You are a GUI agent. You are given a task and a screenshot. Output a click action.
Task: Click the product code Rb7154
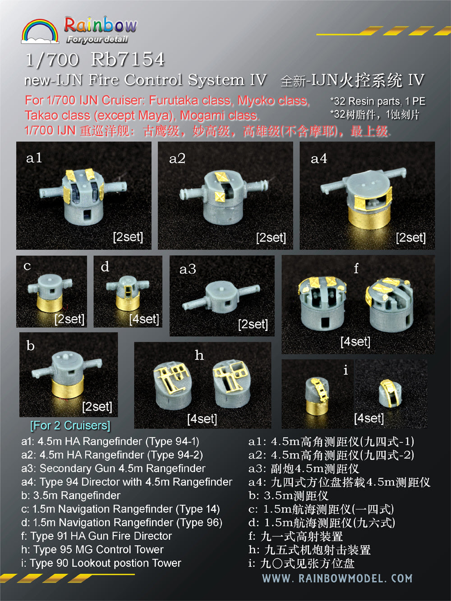point(128,60)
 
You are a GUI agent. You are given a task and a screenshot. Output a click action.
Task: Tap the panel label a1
point(34,158)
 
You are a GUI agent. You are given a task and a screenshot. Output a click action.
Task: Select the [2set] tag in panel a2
point(271,238)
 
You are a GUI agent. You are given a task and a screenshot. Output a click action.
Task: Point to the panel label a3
point(188,269)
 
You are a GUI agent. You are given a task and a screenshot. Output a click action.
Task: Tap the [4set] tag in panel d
point(144,319)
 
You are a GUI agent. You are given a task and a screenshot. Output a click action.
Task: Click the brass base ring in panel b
point(68,389)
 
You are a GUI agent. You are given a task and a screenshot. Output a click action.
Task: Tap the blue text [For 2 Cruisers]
point(70,425)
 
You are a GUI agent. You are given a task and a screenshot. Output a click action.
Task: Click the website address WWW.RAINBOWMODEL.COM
point(337,578)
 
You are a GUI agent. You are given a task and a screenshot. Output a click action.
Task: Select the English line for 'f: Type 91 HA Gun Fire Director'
point(97,536)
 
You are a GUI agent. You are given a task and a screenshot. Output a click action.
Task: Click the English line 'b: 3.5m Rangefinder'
point(71,495)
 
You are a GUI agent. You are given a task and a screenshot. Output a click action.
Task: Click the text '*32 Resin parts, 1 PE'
point(377,101)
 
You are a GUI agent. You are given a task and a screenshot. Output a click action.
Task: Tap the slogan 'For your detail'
point(97,40)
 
